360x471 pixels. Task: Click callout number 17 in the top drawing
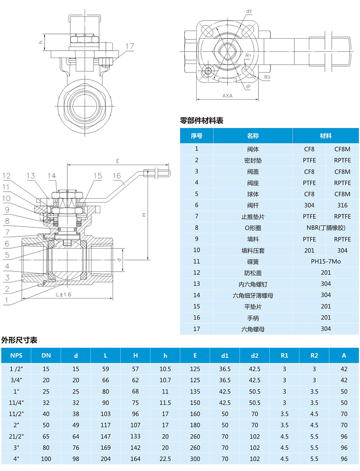click(x=130, y=46)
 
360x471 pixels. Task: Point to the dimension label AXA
click(x=228, y=96)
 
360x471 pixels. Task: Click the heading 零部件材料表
click(x=202, y=121)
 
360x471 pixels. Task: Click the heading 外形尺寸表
click(x=19, y=340)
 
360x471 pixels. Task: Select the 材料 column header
click(x=326, y=136)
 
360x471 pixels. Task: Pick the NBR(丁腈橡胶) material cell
click(x=326, y=228)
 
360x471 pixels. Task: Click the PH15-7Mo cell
click(x=326, y=261)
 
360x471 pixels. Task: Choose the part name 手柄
click(x=253, y=318)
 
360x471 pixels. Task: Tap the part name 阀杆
click(x=253, y=205)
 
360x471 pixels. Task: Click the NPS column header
click(x=16, y=355)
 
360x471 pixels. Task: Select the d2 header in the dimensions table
click(x=255, y=355)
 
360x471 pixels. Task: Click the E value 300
click(x=195, y=459)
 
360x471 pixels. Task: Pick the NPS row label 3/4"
click(x=16, y=380)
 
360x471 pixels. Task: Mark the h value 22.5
click(x=165, y=459)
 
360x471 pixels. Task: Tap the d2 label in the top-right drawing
click(x=249, y=11)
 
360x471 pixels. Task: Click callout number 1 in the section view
click(x=6, y=300)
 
